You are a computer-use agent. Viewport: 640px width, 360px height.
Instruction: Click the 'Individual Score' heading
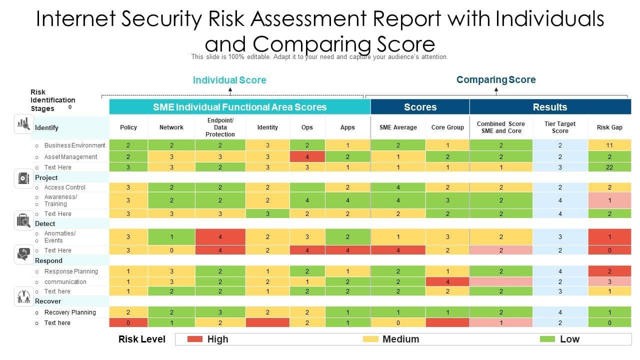229,80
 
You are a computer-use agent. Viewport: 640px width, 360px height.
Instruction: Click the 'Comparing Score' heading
496,79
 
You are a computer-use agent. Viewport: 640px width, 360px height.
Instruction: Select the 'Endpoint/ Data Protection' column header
220,127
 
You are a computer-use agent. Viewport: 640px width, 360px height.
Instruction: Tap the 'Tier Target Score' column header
560,127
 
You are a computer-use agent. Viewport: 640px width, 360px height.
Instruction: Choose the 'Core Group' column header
447,127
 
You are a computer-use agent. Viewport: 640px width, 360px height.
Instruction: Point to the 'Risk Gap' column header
609,127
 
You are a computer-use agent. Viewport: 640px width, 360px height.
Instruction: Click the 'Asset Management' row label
70,157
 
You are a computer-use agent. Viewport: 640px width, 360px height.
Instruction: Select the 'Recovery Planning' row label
70,312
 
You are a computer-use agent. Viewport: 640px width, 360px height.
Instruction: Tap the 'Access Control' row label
65,187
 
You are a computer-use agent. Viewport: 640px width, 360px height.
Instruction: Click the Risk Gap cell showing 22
609,167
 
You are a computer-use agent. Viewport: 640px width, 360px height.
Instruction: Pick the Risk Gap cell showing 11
609,145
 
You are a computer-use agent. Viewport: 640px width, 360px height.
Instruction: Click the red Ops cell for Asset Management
307,157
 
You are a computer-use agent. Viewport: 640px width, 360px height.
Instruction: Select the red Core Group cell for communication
447,282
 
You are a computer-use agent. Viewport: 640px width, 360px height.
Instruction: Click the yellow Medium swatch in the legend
370,339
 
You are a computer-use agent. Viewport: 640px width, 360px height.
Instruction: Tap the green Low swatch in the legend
548,339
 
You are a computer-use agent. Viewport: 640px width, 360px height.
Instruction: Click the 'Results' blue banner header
550,107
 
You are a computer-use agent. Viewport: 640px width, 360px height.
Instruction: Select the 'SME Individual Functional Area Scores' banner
239,107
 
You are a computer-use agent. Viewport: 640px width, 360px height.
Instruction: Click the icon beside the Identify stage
23,123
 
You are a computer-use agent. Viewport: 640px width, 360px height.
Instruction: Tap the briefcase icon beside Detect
23,220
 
